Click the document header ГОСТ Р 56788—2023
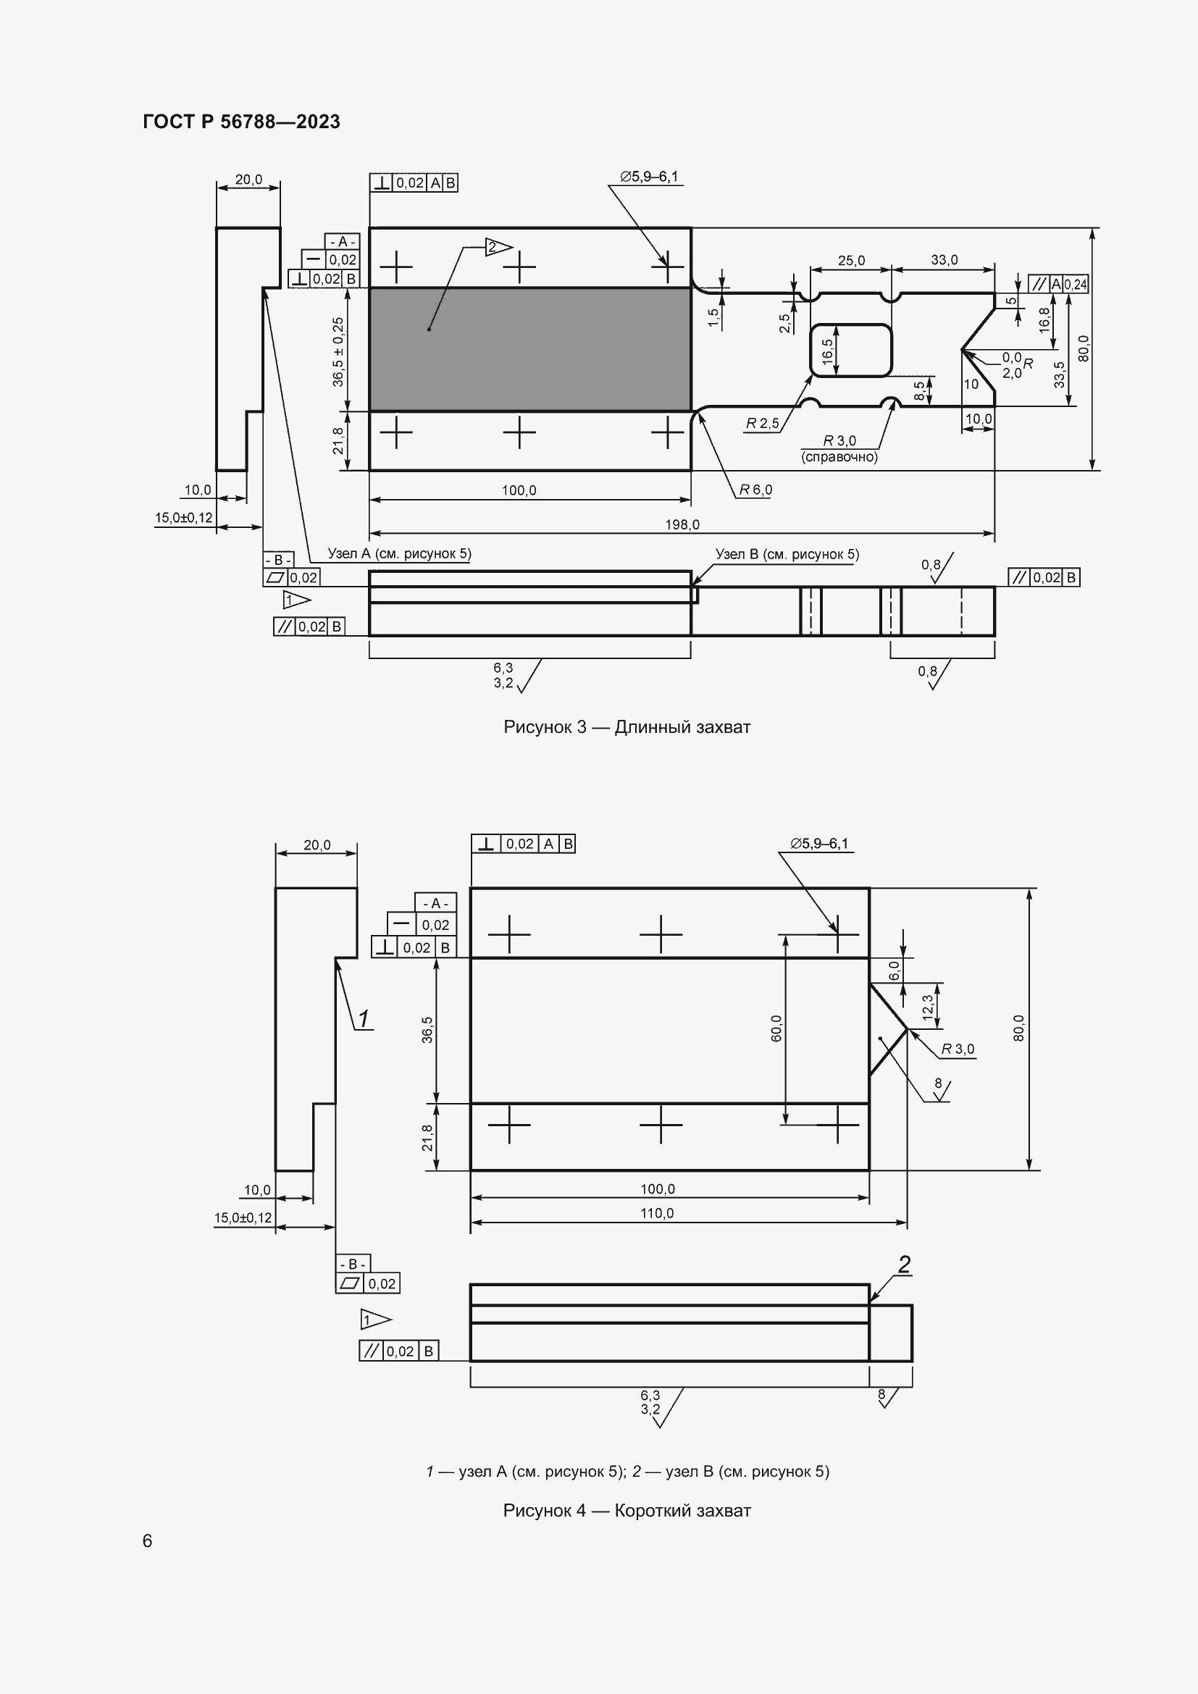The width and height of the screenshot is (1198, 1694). pyautogui.click(x=241, y=122)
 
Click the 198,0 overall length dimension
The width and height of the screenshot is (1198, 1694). pyautogui.click(x=682, y=524)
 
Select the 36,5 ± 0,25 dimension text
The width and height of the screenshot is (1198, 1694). pyautogui.click(x=338, y=352)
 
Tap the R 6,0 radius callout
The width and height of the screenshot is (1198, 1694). pyautogui.click(x=756, y=490)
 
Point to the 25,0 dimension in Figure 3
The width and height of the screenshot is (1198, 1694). pyautogui.click(x=851, y=261)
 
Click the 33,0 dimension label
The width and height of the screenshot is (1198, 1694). pyautogui.click(x=944, y=260)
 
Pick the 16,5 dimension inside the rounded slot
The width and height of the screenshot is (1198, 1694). pyautogui.click(x=828, y=351)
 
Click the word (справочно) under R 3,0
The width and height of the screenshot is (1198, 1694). pyautogui.click(x=839, y=458)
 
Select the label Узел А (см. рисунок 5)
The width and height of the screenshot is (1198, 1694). pyautogui.click(x=399, y=554)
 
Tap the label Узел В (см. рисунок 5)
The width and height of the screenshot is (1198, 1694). pyautogui.click(x=787, y=554)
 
